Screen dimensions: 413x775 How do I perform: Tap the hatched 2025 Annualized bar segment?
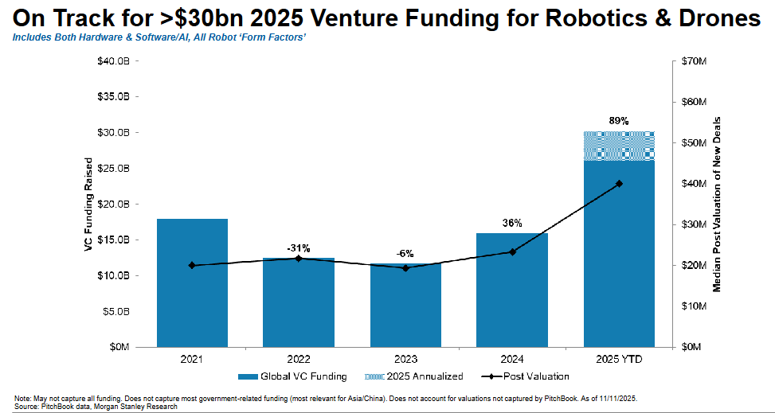point(619,146)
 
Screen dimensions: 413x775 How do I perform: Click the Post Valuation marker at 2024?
point(512,251)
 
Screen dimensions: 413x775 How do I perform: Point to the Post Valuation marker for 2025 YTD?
point(619,183)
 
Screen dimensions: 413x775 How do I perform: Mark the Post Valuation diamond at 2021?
point(193,265)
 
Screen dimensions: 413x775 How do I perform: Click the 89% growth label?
point(619,121)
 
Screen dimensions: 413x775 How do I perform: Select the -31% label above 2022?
point(299,247)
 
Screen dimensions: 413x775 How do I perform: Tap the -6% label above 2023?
point(405,253)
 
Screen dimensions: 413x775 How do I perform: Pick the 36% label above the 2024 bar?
point(512,224)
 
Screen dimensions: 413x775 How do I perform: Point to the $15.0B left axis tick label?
point(114,240)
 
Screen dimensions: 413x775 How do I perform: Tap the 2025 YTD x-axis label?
point(619,360)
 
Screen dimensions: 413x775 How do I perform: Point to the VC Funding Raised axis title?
point(89,205)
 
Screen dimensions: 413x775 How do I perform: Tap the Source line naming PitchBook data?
point(96,406)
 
